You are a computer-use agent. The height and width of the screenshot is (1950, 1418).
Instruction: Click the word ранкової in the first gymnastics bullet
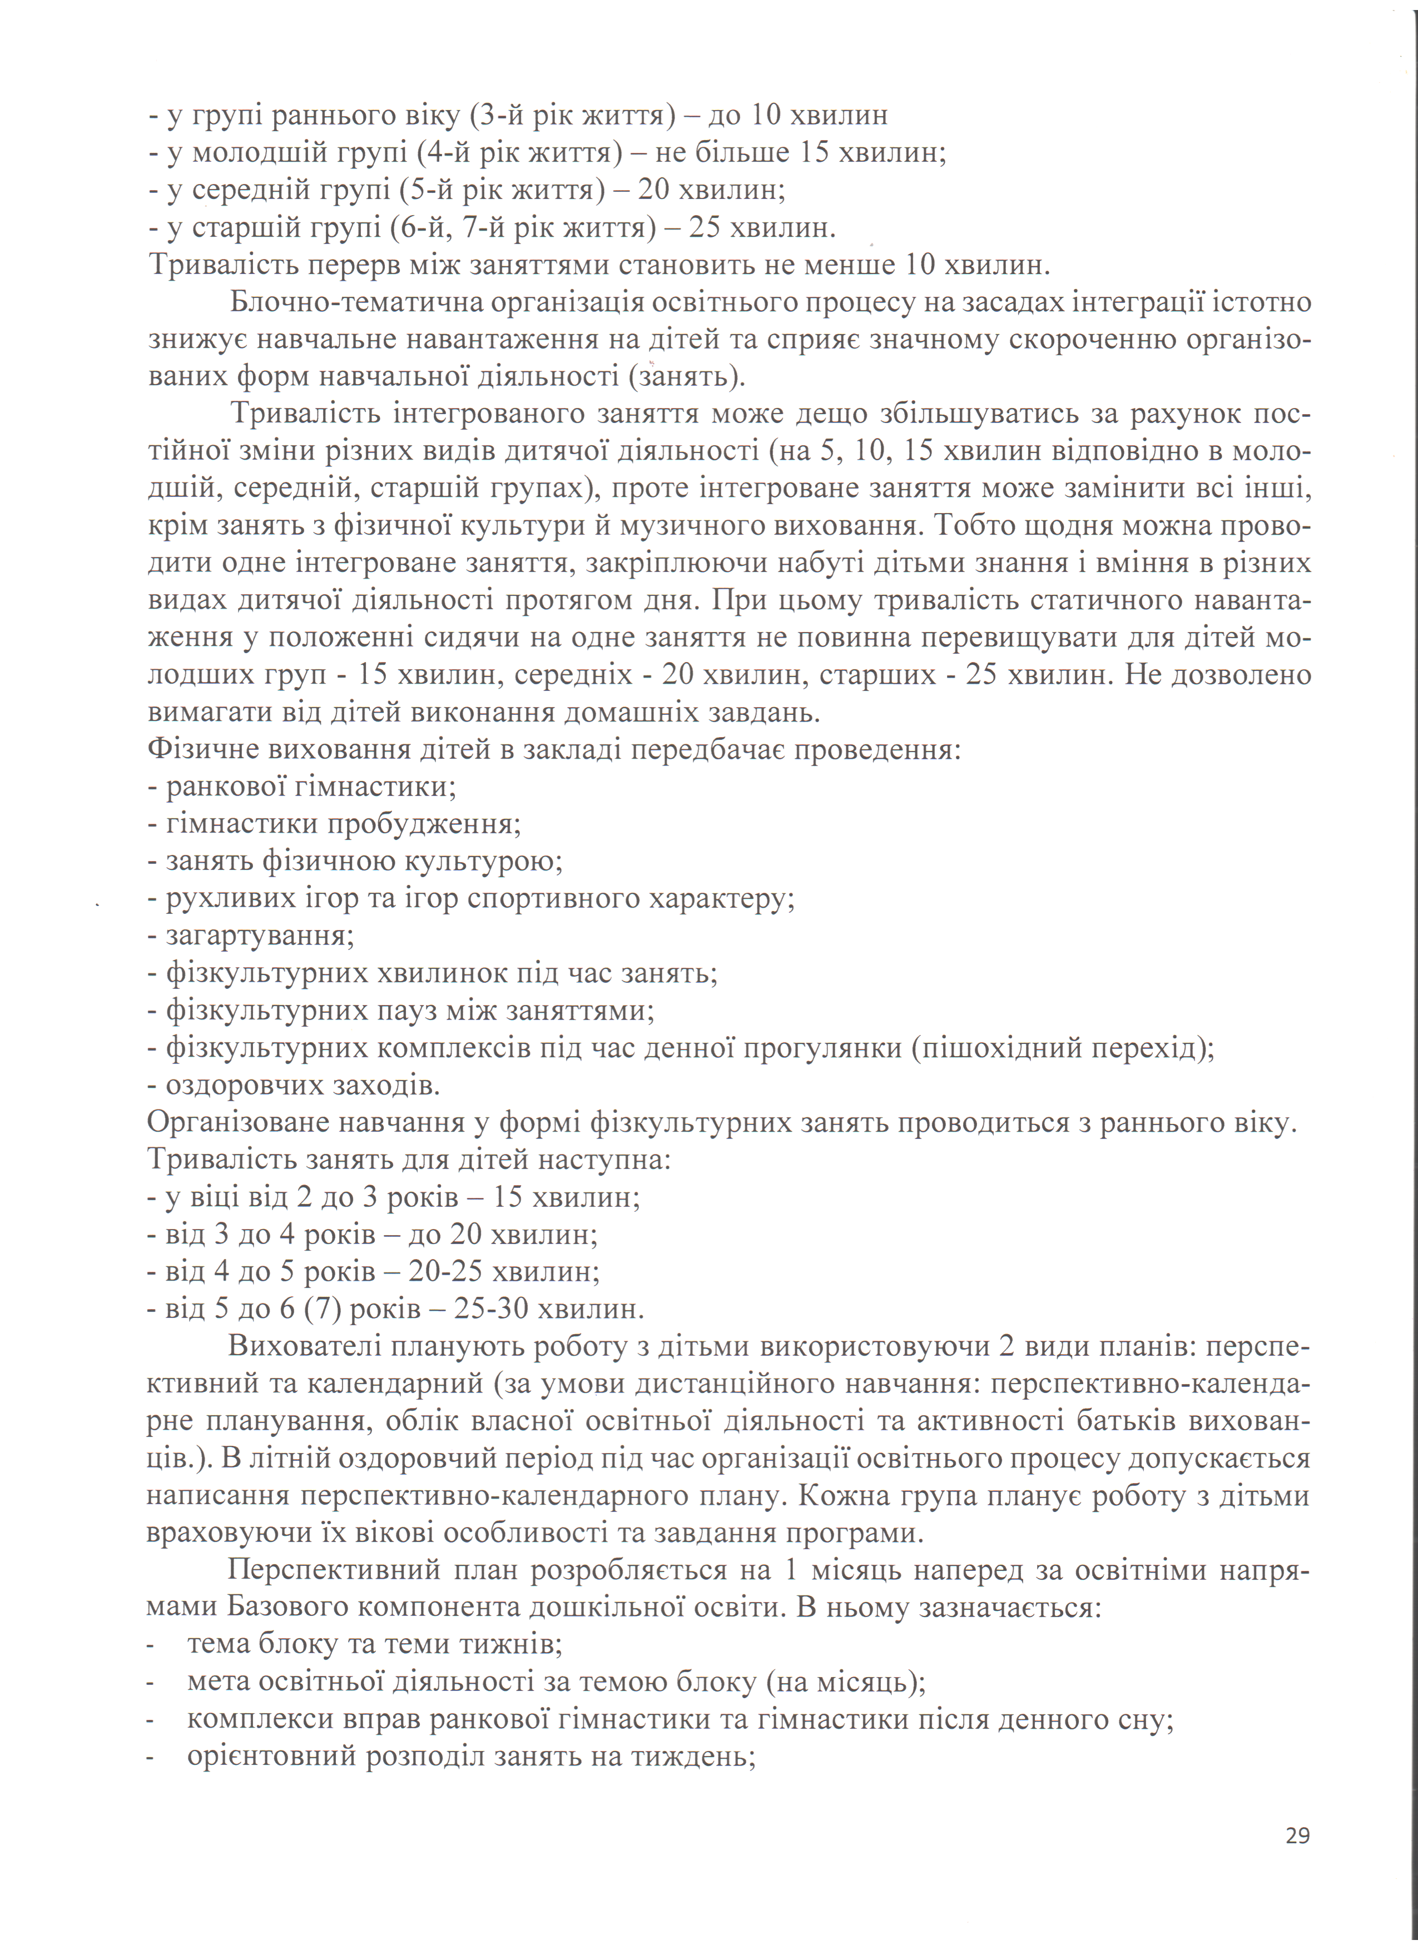pos(225,786)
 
